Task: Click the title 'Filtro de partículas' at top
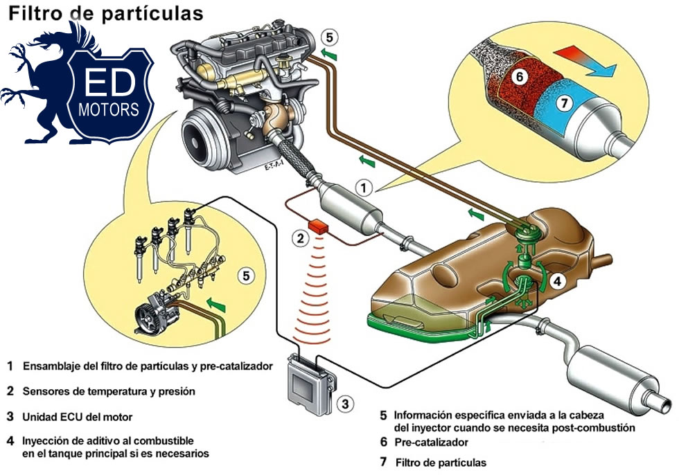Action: pos(105,13)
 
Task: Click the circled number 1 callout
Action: pos(366,186)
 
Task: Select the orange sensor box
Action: pos(320,226)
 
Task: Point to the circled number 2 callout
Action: pos(299,239)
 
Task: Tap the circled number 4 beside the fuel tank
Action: pos(558,282)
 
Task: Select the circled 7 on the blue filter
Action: pos(564,102)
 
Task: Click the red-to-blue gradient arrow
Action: pos(584,60)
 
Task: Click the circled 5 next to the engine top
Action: pos(330,37)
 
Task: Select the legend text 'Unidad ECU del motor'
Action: pos(77,417)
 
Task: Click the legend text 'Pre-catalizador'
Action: pos(434,442)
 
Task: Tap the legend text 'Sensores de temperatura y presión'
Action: pos(109,391)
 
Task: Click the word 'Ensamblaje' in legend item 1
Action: pos(51,364)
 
